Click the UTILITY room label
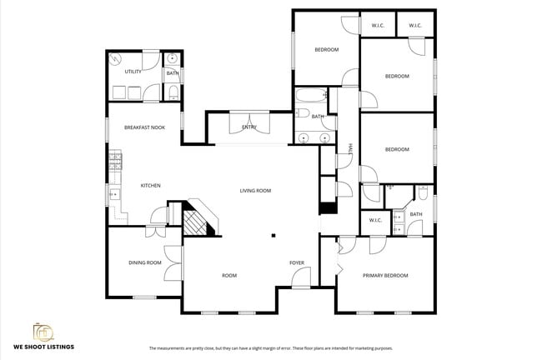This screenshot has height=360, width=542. click(x=133, y=72)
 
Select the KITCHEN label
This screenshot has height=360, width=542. click(x=150, y=185)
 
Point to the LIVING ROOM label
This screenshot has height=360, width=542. click(x=255, y=191)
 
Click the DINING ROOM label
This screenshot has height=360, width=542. click(x=144, y=262)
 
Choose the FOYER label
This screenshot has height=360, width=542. click(x=297, y=262)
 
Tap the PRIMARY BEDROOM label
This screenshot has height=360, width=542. click(x=385, y=275)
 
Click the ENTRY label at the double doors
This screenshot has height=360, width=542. click(x=249, y=127)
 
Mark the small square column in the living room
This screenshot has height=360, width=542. click(x=271, y=236)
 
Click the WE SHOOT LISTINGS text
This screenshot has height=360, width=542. click(x=43, y=346)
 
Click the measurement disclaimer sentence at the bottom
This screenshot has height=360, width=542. click(x=270, y=348)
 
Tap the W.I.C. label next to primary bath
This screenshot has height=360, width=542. click(x=375, y=220)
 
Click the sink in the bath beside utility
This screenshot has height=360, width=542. click(x=172, y=59)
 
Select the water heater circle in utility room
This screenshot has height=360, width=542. click(x=116, y=59)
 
